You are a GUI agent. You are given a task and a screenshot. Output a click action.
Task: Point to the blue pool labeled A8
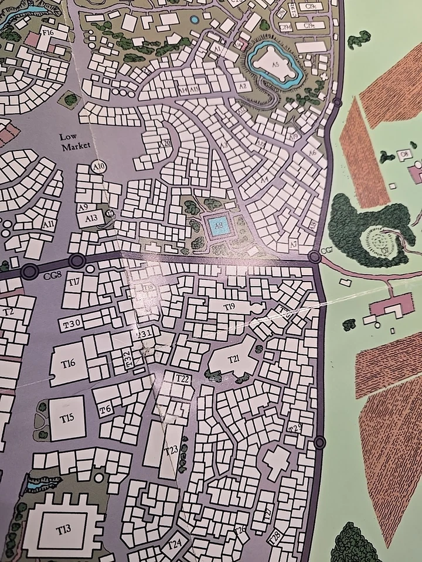pyautogui.click(x=218, y=224)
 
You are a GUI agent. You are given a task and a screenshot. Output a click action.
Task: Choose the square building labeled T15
pyautogui.click(x=66, y=417)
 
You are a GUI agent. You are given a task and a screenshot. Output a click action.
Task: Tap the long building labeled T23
pyautogui.click(x=171, y=450)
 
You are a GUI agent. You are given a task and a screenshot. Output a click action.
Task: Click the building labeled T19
pyautogui.click(x=229, y=306)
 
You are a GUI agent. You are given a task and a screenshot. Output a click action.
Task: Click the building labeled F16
pyautogui.click(x=48, y=33)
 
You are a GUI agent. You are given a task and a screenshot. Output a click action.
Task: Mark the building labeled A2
pyautogui.click(x=245, y=85)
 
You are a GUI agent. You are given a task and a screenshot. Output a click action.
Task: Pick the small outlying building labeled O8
pyautogui.click(x=404, y=155)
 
